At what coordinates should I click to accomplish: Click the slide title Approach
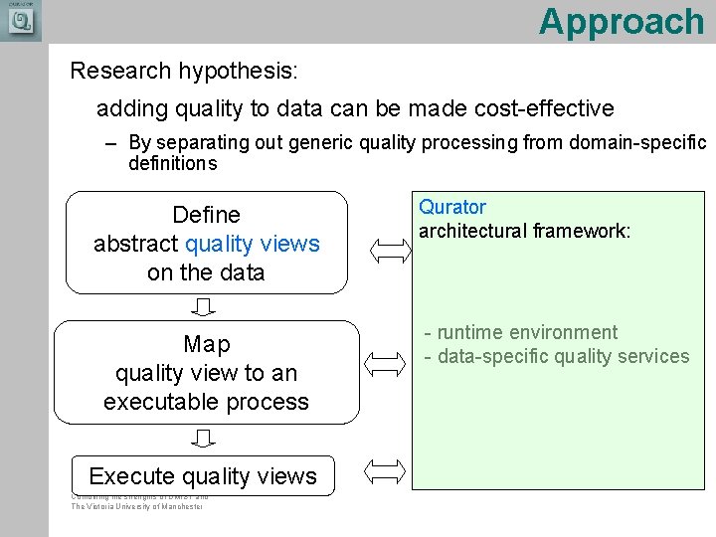tap(621, 21)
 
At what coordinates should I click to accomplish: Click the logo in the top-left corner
tap(20, 20)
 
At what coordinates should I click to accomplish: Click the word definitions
tap(172, 163)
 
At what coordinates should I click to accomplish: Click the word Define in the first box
tap(206, 215)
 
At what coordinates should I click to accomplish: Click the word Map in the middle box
tap(206, 344)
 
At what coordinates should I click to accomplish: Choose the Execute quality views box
tap(203, 476)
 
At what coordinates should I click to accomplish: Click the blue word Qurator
tap(452, 207)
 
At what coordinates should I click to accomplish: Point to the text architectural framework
tap(524, 231)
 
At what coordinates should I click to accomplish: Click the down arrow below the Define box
tap(205, 305)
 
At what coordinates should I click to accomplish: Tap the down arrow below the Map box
tap(205, 439)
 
